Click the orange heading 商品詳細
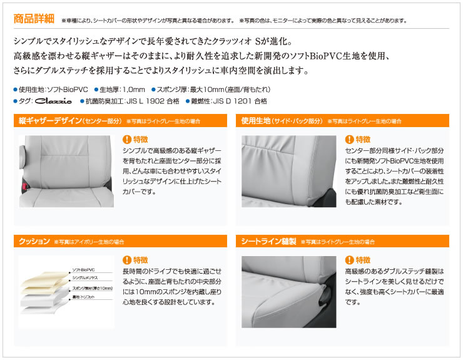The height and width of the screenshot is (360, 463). tap(34, 19)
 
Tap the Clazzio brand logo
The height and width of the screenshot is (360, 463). tap(53, 101)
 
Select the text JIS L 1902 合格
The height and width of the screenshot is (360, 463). tap(153, 101)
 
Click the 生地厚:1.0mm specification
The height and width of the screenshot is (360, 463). tap(122, 90)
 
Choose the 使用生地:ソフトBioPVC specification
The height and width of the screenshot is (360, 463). tap(53, 90)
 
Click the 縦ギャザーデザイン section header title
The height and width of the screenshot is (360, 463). tap(50, 121)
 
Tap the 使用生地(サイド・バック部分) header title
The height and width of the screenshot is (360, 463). tap(282, 121)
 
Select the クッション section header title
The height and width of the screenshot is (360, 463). tap(34, 242)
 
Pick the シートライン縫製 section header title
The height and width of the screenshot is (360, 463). tap(268, 242)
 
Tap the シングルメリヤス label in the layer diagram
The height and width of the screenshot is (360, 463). tap(85, 278)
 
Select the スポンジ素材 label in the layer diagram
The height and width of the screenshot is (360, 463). tap(93, 288)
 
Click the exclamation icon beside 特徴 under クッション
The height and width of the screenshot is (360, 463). tap(126, 260)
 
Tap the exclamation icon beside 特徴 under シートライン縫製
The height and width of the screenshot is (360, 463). tap(349, 260)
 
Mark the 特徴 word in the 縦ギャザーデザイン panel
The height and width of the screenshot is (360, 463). tap(141, 139)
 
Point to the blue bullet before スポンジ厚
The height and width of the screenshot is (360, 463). tap(153, 90)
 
